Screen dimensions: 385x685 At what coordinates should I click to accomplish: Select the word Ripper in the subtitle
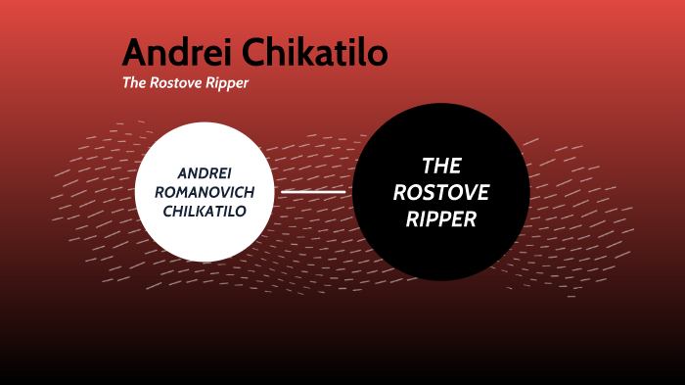click(x=229, y=83)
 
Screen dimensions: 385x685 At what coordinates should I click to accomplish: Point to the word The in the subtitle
click(x=133, y=83)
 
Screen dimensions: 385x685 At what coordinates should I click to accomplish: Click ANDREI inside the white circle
click(x=205, y=172)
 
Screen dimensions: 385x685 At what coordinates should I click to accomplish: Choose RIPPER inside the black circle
click(x=441, y=219)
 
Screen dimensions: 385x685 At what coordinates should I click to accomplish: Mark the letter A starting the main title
click(x=135, y=52)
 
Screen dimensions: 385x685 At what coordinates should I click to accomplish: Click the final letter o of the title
click(x=377, y=55)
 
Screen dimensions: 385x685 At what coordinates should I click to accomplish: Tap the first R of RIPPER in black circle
click(x=412, y=219)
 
